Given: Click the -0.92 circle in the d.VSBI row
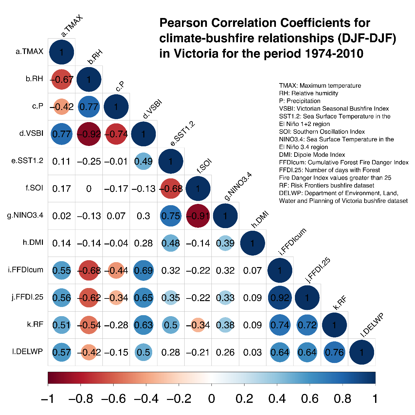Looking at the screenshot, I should point(89,134).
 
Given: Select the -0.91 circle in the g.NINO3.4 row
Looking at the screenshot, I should point(198,216).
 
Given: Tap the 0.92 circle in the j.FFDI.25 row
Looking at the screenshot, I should point(280,298).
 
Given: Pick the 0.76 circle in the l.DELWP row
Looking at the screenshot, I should point(334,352).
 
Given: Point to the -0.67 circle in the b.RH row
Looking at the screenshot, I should point(62,79).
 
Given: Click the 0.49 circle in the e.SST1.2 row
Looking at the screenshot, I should point(143,161).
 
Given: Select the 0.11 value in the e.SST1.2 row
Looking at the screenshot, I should point(62,161).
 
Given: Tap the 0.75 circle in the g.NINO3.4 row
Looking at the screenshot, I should point(171,216).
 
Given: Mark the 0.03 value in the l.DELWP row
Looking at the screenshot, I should point(252,352).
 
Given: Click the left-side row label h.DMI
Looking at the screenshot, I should point(33,243).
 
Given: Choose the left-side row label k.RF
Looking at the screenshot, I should point(35,324).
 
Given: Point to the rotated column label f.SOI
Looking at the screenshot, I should point(204,166).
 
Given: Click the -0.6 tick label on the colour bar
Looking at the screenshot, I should point(114,399).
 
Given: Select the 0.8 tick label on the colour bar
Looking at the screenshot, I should point(342,399).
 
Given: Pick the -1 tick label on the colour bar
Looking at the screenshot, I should point(48,399).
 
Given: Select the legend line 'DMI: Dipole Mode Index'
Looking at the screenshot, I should point(312,154).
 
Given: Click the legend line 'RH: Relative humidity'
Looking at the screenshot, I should point(308,93).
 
